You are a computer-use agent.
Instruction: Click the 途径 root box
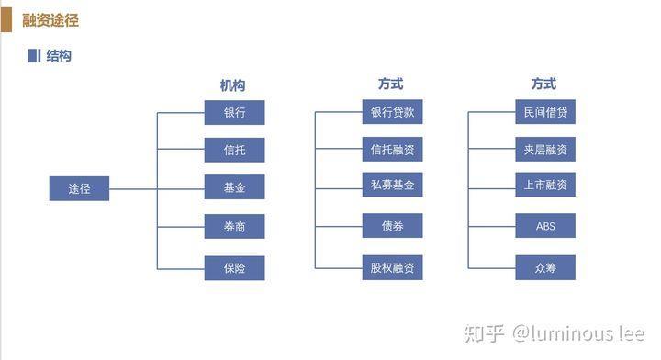(x=79, y=188)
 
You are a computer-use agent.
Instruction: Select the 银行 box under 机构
(x=234, y=112)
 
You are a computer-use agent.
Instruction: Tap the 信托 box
(x=234, y=150)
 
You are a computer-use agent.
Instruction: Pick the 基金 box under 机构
(x=234, y=187)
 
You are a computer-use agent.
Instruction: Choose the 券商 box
(x=234, y=226)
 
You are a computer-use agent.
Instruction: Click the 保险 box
(x=234, y=268)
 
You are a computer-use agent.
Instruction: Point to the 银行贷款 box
(x=392, y=112)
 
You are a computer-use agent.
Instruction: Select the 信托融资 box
(x=392, y=150)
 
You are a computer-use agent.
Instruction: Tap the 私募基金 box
(x=392, y=185)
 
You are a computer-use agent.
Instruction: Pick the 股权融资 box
(x=392, y=268)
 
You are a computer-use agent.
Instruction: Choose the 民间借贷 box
(x=545, y=112)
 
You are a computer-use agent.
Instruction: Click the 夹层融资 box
(x=545, y=150)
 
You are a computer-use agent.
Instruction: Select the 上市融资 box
(x=545, y=185)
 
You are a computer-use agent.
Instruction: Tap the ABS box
(x=545, y=226)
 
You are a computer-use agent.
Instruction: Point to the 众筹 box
(x=545, y=268)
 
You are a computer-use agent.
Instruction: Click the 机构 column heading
(x=232, y=85)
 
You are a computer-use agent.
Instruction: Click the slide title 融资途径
(x=50, y=20)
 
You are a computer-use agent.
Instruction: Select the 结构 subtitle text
(x=59, y=56)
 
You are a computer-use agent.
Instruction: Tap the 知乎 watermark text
(x=485, y=332)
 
